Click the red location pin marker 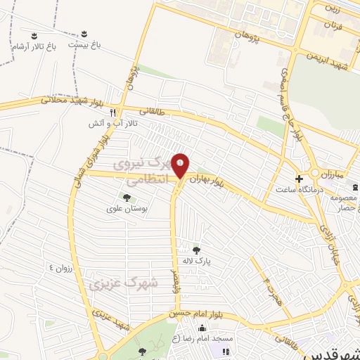tap(181, 165)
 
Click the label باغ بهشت tap(84, 44)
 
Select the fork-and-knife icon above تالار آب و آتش tap(112, 112)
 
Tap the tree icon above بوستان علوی tap(127, 198)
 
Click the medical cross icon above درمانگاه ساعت tap(299, 179)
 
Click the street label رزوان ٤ tap(61, 267)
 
